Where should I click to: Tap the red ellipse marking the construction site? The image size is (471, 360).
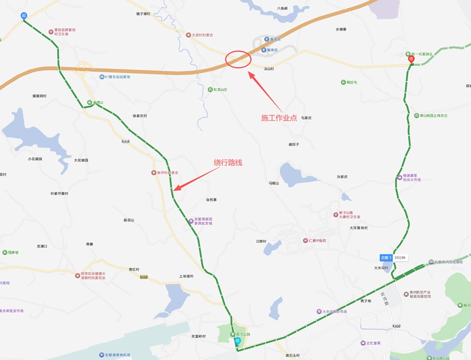click(238, 59)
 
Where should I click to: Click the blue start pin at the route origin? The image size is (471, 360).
click(24, 16)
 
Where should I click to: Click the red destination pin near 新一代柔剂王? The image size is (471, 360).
click(411, 58)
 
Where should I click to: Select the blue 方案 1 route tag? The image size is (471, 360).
click(386, 258)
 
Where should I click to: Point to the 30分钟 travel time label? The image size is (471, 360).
click(401, 258)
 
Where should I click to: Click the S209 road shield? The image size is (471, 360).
click(143, 276)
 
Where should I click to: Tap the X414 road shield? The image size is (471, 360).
click(125, 141)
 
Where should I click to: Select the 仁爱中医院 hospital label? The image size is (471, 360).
click(318, 241)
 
